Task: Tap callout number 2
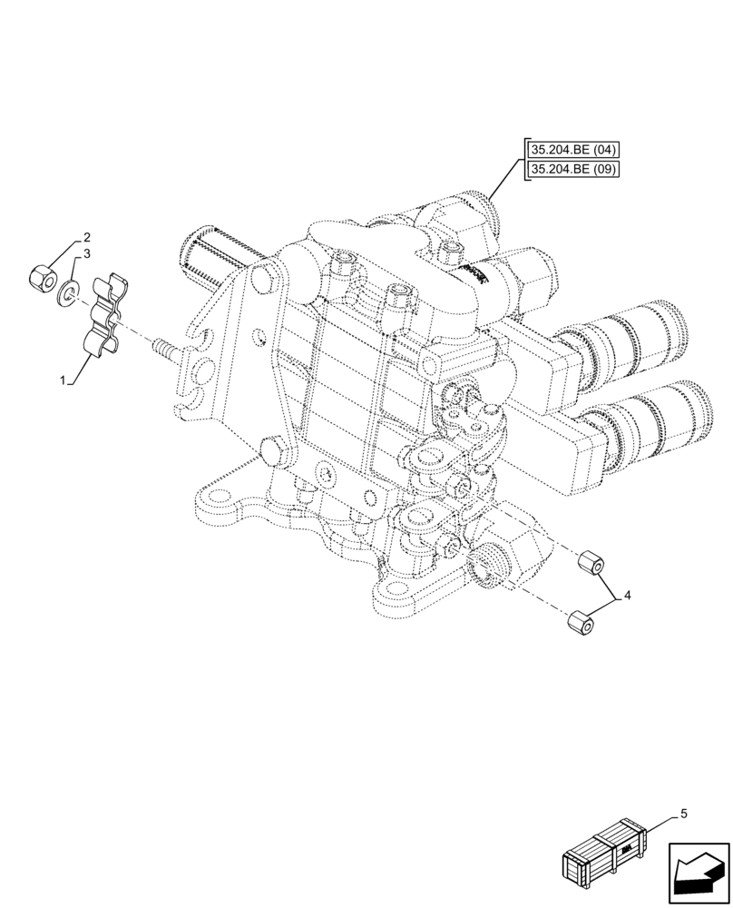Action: [87, 238]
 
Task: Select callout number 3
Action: [87, 256]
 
